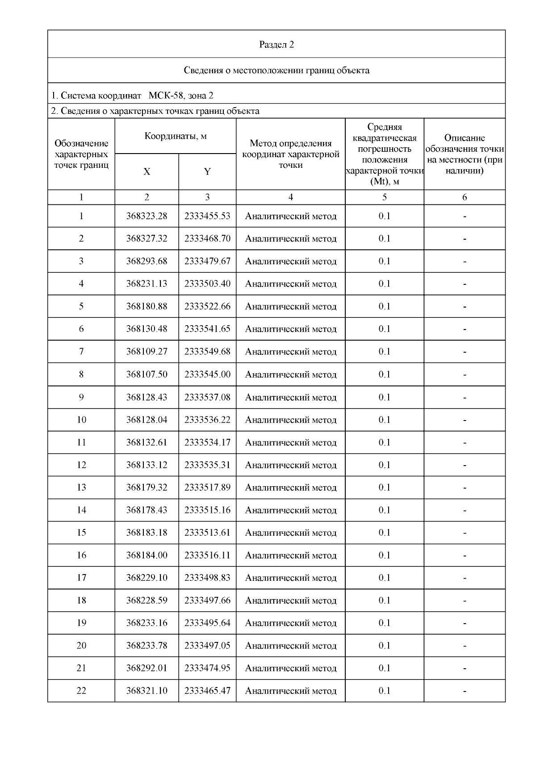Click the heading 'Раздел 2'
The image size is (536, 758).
coord(276,45)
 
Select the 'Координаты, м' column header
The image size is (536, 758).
coord(175,136)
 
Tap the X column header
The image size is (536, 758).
coord(147,172)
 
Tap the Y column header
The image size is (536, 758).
coord(207,172)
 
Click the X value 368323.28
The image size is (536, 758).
coord(147,216)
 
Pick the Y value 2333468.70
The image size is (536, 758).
coord(207,239)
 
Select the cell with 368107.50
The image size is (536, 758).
coord(147,375)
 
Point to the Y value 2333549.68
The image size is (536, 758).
coord(207,352)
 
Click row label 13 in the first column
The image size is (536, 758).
coord(81,487)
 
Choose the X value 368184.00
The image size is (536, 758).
coord(147,555)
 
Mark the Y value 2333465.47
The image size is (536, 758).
coord(207,691)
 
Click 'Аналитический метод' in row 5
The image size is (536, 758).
coord(291,307)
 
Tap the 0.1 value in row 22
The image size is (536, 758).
coord(384,691)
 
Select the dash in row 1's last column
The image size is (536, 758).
coord(465,217)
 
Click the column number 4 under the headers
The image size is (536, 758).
coord(291,197)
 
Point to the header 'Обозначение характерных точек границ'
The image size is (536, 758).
coord(81,154)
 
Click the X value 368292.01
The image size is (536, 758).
coord(147,668)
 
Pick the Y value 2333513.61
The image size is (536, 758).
coord(207,533)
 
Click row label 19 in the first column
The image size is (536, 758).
coord(81,623)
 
